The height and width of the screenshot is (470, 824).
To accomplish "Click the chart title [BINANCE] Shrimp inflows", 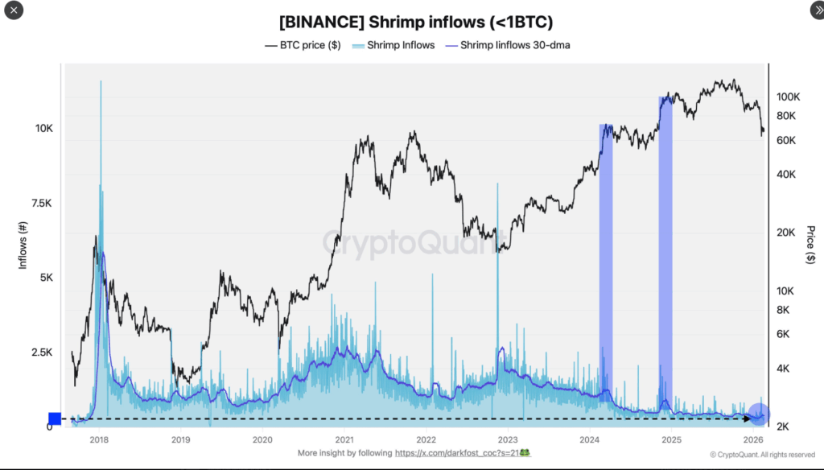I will (x=416, y=22).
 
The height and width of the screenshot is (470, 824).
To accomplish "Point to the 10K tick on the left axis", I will (x=43, y=129).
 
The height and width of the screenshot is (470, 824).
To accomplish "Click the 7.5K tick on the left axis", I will (x=41, y=203).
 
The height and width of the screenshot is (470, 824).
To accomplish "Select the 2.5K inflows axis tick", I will (x=41, y=352).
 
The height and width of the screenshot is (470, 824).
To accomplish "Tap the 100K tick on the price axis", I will (x=788, y=97).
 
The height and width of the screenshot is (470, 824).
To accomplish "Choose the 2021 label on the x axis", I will (x=344, y=439).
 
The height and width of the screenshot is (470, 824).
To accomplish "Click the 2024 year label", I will (x=590, y=439).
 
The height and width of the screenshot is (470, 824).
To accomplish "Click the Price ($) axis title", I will (x=810, y=245).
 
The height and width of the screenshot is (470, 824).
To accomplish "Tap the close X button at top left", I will (x=14, y=11).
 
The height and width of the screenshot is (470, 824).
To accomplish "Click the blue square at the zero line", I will (x=55, y=418).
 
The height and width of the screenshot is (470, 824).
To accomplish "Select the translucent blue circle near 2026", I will (x=759, y=414).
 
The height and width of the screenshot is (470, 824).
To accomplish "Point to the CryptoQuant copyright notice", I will (x=762, y=454).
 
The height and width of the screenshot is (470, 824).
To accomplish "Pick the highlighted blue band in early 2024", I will (x=606, y=262).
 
